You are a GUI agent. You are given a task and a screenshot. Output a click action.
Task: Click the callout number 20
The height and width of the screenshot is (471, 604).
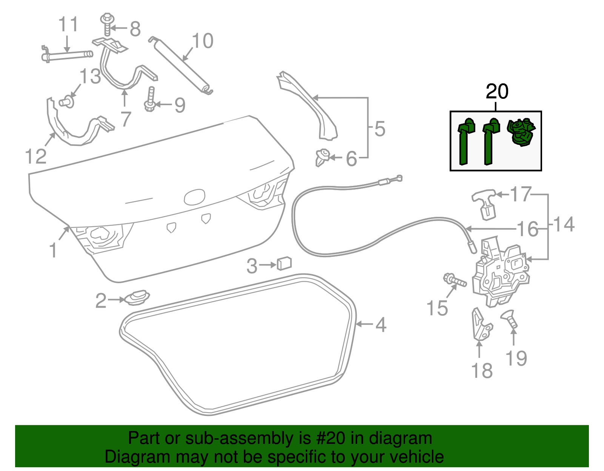[x=497, y=92]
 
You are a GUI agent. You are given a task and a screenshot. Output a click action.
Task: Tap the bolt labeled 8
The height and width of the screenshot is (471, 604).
[x=107, y=24]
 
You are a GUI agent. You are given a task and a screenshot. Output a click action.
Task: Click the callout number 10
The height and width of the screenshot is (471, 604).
[x=203, y=41]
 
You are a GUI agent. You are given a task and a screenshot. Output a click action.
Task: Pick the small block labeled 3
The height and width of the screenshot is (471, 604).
[x=284, y=263]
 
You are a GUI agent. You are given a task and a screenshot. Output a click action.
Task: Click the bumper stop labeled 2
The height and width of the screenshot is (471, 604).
[x=137, y=298]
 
